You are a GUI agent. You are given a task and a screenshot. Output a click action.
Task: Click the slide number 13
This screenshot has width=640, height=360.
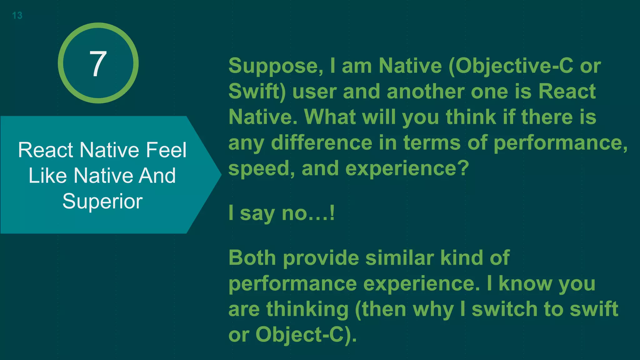[17, 15]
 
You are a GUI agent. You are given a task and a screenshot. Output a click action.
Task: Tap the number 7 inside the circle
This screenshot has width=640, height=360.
[98, 64]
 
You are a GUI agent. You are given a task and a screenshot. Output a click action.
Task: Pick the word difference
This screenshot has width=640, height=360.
[322, 143]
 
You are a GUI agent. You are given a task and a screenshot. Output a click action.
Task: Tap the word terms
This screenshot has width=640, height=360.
[432, 143]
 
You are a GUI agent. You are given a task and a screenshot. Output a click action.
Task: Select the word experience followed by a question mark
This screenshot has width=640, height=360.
[404, 169]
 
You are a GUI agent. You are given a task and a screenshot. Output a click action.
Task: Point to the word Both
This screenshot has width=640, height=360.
[252, 258]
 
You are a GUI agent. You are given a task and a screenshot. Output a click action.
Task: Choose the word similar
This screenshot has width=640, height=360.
[400, 258]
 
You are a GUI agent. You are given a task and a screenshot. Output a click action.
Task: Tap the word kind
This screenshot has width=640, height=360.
[462, 258]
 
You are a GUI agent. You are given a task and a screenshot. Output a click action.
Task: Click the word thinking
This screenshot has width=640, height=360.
[307, 309]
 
